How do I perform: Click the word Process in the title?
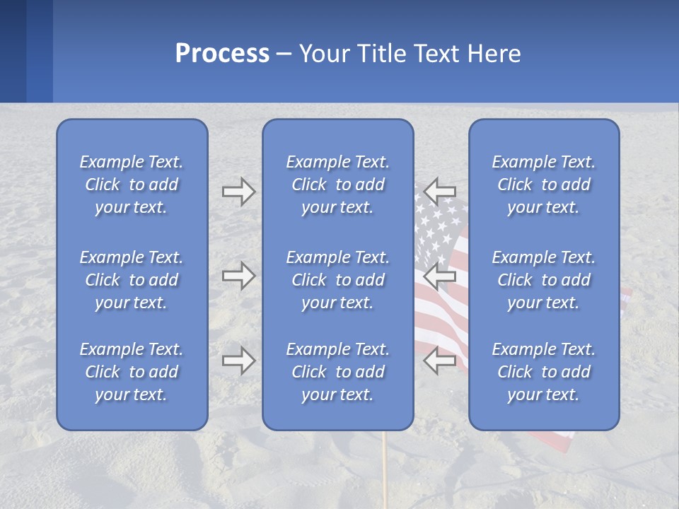coord(222,54)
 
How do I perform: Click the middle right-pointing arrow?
coord(238,276)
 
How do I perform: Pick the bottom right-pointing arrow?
coord(238,361)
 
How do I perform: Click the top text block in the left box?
coord(132,185)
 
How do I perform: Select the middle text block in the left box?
coord(132,280)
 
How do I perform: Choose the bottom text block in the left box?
coord(132,372)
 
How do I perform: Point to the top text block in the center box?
coord(338,185)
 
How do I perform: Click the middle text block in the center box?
coord(338,280)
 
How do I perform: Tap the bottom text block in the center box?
coord(338,372)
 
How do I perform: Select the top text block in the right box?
coord(544,185)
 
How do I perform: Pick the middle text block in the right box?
coord(544,280)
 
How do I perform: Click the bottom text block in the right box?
coord(544,372)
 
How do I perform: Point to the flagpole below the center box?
coord(385,467)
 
